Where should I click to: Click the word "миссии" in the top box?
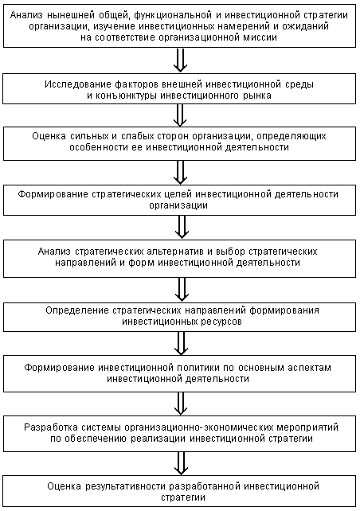tap(260, 37)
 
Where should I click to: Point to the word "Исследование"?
tap(92, 84)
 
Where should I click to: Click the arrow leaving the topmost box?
tap(180, 60)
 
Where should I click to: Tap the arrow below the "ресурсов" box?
tap(180, 342)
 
